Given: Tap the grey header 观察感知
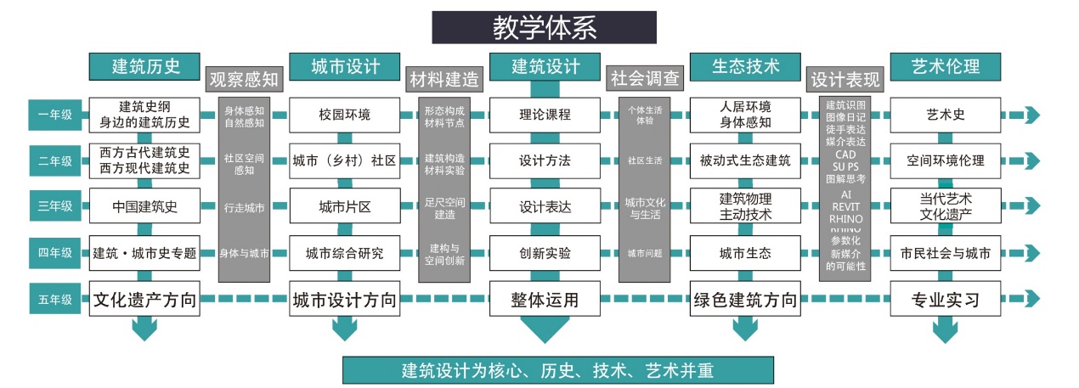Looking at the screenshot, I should point(244,80).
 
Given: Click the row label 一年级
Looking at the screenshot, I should point(55,114).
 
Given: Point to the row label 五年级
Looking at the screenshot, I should point(55,299).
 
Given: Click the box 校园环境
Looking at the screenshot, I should point(344,114).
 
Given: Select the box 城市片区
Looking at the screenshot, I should point(344,206).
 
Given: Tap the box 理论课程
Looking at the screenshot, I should point(545,114).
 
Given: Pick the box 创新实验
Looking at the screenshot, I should point(545,253).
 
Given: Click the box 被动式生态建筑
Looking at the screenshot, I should point(745,160).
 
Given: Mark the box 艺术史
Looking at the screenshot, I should point(946,114).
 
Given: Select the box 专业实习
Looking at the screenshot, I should point(946,299).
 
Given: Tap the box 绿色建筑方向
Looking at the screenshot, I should point(745,299).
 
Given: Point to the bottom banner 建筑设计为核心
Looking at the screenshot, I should point(557,371).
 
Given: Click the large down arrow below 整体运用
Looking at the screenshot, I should point(545,329).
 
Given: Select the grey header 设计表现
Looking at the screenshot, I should point(845,80).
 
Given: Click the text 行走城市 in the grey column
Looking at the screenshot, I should point(244,207).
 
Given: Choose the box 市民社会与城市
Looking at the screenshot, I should point(946,253).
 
